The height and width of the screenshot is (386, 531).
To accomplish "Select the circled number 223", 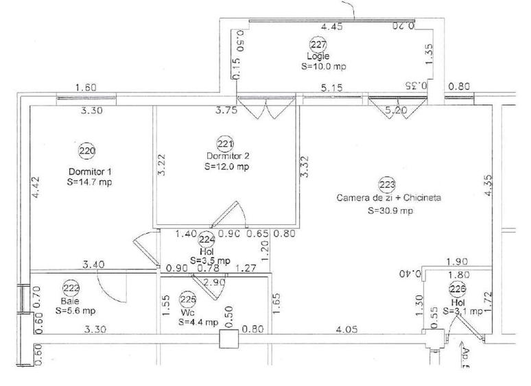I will [x=386, y=184].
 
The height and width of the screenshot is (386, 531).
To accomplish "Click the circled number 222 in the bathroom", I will [x=70, y=288].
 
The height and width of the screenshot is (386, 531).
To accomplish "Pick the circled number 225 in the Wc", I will [x=187, y=299].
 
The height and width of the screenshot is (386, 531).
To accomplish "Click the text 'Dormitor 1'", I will [x=90, y=171].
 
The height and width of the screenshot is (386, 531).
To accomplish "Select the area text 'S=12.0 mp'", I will [x=226, y=167].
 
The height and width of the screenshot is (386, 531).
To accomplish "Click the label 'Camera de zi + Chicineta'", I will [x=388, y=198].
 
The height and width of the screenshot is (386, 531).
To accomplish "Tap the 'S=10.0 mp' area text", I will [x=324, y=67].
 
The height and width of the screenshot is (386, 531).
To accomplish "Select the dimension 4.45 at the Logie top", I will [x=332, y=27].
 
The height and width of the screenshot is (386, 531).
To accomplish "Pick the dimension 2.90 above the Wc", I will [x=214, y=282].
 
